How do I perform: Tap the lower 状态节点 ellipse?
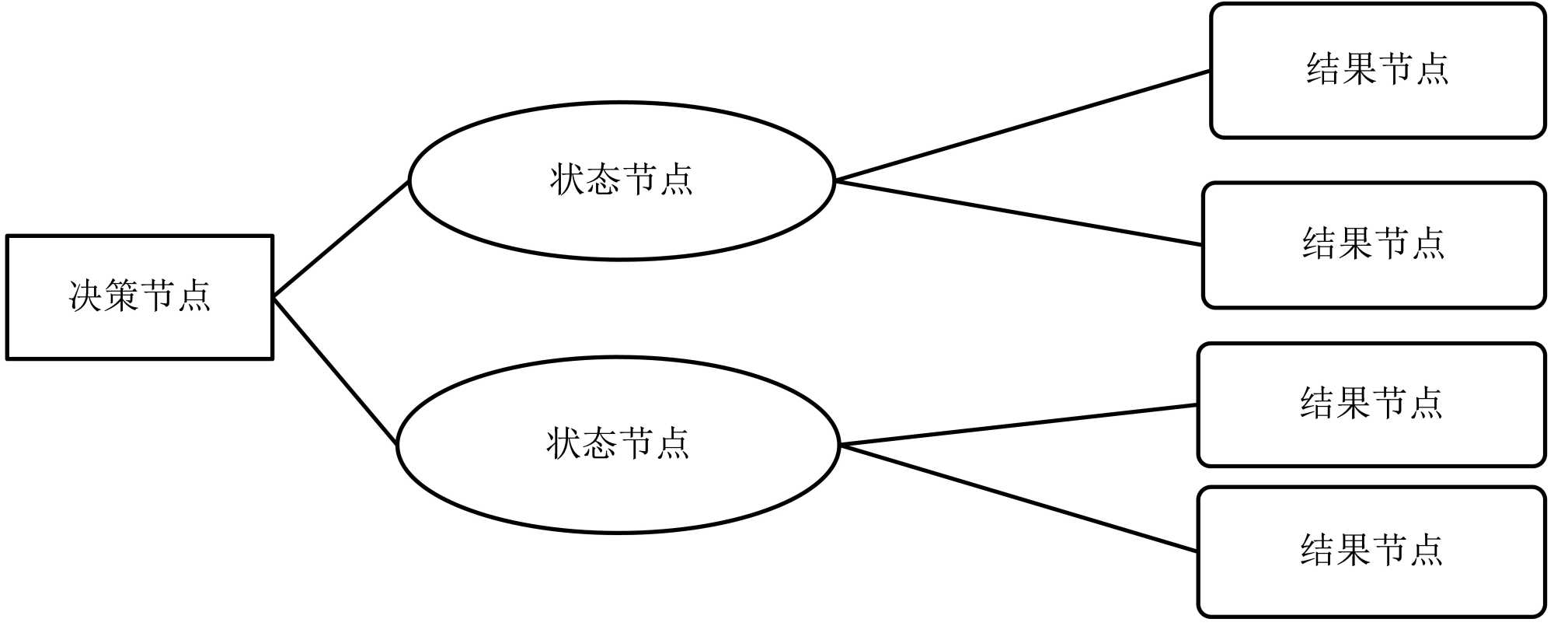tap(618, 490)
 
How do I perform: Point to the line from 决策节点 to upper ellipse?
tap(340, 239)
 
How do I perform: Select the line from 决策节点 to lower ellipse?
tap(335, 371)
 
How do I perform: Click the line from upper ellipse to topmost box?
tap(1022, 126)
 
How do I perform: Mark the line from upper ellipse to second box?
tap(1018, 213)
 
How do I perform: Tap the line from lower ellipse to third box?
tap(1018, 425)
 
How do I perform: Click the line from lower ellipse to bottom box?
tap(1018, 498)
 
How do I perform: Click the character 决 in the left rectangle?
tap(85, 296)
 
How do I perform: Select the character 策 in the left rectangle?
tap(122, 296)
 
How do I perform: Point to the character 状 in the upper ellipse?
tap(567, 180)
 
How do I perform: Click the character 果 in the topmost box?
tap(1359, 68)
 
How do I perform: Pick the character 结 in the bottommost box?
tap(1318, 550)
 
